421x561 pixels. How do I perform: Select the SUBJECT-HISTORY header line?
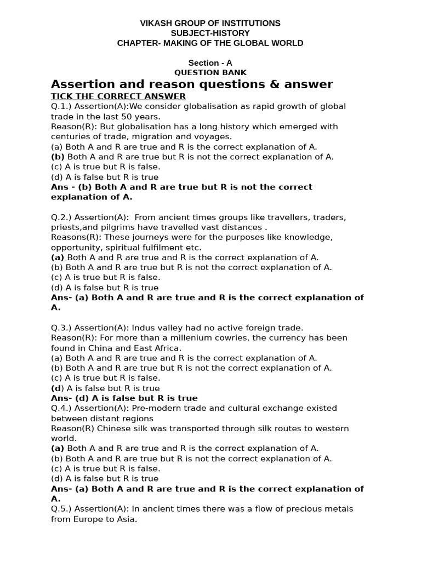click(x=210, y=33)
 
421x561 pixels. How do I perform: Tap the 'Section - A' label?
click(x=210, y=63)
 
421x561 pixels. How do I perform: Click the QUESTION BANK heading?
click(x=210, y=72)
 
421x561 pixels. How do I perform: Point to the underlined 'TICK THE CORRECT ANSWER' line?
click(x=118, y=96)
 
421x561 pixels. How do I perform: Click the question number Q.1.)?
click(x=61, y=106)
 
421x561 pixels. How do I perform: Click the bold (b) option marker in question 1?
click(x=58, y=157)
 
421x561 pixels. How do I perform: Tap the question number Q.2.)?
click(x=61, y=217)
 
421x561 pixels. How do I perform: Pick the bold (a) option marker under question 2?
click(x=58, y=257)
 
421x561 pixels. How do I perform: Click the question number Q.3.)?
click(x=61, y=328)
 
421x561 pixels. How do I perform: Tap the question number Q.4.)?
click(x=61, y=408)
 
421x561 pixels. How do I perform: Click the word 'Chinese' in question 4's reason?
click(x=106, y=428)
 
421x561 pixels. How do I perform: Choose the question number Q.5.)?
click(x=61, y=508)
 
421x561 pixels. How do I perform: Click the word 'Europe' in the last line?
click(x=87, y=519)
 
